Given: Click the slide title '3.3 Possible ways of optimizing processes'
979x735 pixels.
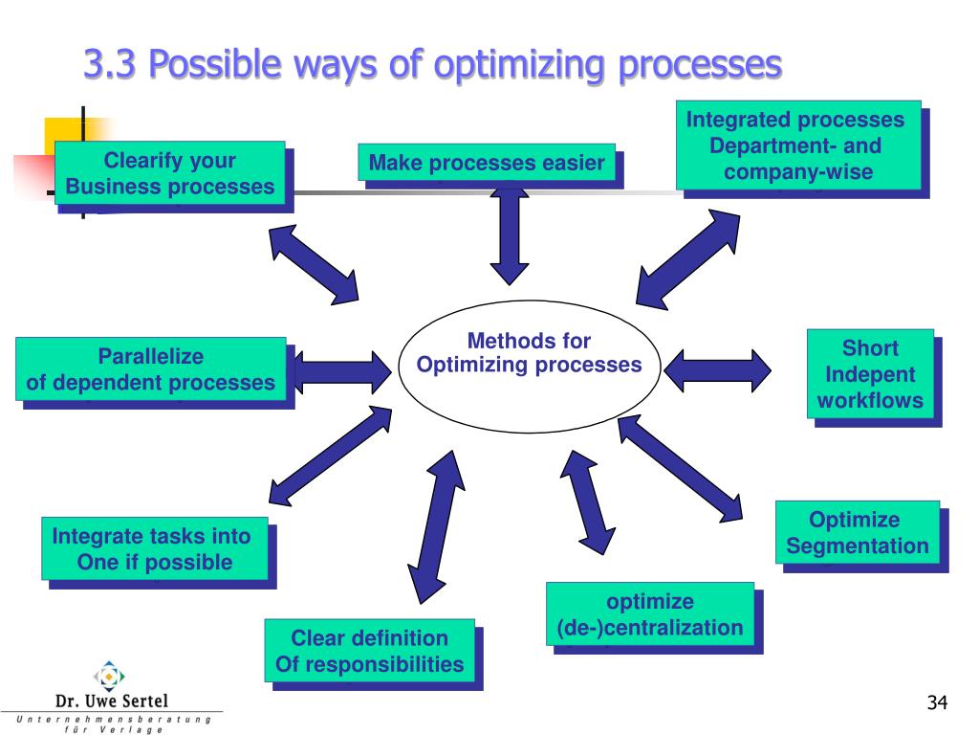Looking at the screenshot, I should click(x=432, y=65).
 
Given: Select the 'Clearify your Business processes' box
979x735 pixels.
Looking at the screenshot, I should click(x=170, y=173).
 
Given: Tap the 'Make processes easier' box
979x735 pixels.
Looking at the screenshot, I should click(x=487, y=163).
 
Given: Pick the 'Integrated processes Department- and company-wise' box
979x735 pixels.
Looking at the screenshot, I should click(x=798, y=145).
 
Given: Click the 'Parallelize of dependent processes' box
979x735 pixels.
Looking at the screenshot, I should click(x=151, y=370).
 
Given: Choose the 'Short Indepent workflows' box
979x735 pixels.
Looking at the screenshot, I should click(x=870, y=374).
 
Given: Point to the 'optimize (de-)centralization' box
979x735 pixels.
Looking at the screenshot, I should click(x=650, y=614).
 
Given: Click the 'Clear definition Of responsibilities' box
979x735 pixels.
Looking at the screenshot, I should click(x=369, y=651).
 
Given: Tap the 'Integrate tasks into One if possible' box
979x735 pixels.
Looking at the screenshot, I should click(x=154, y=548).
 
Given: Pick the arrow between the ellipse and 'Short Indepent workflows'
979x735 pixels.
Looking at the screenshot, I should click(x=718, y=370).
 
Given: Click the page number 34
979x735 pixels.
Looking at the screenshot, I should click(x=936, y=704).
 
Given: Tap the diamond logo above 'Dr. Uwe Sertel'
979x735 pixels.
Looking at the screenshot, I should click(x=111, y=676).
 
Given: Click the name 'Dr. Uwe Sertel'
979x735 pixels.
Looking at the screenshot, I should click(x=112, y=701).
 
